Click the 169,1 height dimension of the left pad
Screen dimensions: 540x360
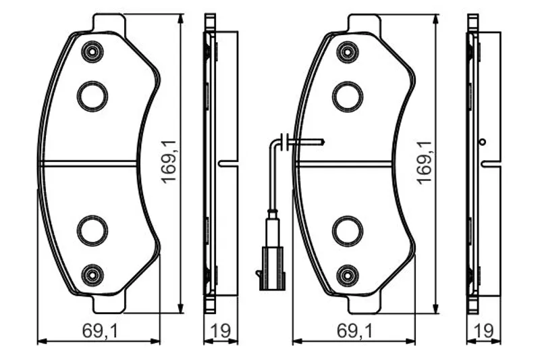click(169, 162)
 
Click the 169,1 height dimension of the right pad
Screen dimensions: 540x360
click(425, 162)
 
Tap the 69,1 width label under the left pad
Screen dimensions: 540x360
click(100, 331)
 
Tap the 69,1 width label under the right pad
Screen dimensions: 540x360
click(355, 331)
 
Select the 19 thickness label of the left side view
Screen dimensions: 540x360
click(220, 331)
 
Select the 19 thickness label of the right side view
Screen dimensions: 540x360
click(483, 331)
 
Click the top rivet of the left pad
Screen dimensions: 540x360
click(92, 52)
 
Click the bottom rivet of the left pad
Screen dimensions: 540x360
click(92, 276)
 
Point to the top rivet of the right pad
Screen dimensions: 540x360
click(348, 52)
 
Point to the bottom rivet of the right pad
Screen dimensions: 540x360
click(348, 276)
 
